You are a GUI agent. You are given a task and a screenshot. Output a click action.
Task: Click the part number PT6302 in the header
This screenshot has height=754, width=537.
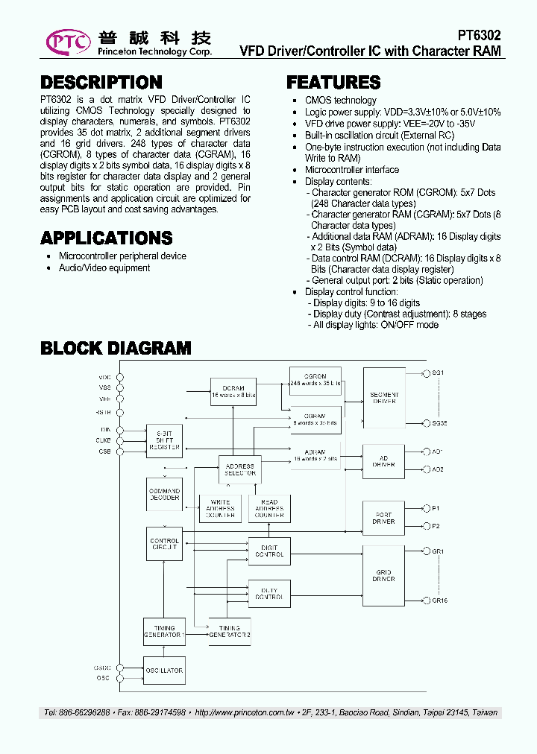pyautogui.click(x=479, y=35)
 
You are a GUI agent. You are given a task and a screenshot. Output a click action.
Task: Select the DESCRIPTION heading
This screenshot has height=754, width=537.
pyautogui.click(x=101, y=82)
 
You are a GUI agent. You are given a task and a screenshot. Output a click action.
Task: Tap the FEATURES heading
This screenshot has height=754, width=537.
pyautogui.click(x=333, y=82)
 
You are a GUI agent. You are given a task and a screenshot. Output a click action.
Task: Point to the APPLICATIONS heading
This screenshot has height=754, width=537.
pyautogui.click(x=106, y=238)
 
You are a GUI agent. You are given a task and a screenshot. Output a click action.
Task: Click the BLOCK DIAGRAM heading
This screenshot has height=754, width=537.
pyautogui.click(x=116, y=348)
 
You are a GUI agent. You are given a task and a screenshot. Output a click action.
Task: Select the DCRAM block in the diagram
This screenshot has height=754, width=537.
pyautogui.click(x=233, y=391)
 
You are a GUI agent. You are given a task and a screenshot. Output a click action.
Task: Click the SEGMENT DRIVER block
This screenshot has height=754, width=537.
pyautogui.click(x=384, y=398)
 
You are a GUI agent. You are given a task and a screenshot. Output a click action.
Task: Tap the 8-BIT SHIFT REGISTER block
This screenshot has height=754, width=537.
pyautogui.click(x=164, y=442)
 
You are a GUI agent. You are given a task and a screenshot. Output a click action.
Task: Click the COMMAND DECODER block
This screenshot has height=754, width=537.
pyautogui.click(x=164, y=494)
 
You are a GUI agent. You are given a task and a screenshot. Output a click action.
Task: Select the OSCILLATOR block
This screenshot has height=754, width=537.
pyautogui.click(x=164, y=671)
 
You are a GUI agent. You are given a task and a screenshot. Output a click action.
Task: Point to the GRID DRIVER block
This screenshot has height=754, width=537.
pyautogui.click(x=384, y=575)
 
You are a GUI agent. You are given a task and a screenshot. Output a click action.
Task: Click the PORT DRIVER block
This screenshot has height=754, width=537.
pyautogui.click(x=384, y=518)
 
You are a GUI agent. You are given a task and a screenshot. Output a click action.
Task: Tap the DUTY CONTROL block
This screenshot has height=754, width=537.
pyautogui.click(x=269, y=594)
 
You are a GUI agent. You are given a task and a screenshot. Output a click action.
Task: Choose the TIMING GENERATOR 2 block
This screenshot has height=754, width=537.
pyautogui.click(x=229, y=631)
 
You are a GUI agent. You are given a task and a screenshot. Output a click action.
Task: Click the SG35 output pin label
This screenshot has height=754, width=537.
pyautogui.click(x=439, y=423)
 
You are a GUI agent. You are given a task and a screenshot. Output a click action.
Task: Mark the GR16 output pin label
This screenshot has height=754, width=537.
pyautogui.click(x=439, y=601)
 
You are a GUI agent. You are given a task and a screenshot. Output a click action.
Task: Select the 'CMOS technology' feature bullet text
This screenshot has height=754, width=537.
pyautogui.click(x=341, y=101)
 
